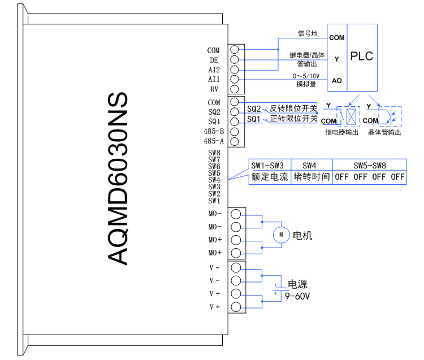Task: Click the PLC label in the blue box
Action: (362, 57)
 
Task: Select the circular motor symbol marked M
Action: (280, 235)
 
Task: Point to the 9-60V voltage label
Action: (297, 296)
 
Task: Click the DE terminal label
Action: (214, 60)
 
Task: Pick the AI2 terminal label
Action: (214, 70)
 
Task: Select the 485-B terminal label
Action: (213, 131)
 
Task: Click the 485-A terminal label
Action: (213, 141)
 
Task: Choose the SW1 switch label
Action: (214, 201)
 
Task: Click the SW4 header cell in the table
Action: (309, 166)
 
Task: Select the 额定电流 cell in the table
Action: (270, 177)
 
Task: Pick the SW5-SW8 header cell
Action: (369, 166)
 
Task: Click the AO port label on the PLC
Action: (337, 80)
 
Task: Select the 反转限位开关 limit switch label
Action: (293, 108)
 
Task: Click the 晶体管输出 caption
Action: (384, 132)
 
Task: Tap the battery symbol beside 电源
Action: (275, 288)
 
